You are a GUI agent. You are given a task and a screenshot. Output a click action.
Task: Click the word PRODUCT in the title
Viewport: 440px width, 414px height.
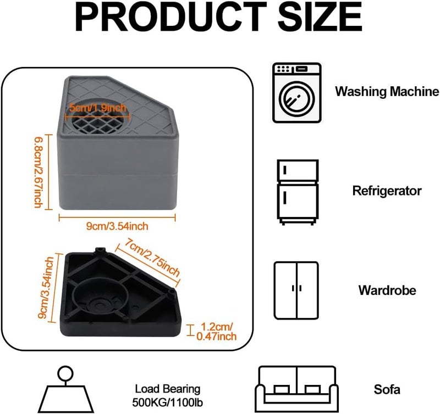click(x=170, y=17)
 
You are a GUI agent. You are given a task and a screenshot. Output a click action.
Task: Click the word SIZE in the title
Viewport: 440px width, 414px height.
click(x=320, y=17)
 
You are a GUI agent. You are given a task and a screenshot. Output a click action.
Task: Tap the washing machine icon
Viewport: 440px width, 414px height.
click(x=296, y=93)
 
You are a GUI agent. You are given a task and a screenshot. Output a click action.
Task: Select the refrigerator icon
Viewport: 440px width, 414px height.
click(x=298, y=192)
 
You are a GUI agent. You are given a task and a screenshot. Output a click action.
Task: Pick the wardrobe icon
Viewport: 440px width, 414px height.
click(x=296, y=290)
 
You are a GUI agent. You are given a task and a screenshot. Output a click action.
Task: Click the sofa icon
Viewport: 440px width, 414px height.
click(x=296, y=389)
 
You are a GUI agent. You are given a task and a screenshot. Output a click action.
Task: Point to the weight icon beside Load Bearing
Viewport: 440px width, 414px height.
click(x=65, y=389)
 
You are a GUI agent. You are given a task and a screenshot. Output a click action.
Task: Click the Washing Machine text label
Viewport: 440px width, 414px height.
click(x=387, y=92)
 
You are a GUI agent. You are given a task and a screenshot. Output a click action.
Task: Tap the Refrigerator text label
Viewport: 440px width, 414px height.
click(x=387, y=191)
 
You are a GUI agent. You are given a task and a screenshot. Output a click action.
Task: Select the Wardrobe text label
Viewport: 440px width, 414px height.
click(x=387, y=290)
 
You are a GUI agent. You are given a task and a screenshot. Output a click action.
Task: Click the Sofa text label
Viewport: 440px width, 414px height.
click(x=387, y=389)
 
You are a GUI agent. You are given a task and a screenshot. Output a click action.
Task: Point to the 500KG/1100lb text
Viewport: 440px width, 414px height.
click(x=168, y=402)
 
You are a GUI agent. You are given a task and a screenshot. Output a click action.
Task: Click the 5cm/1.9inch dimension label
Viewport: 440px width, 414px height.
click(x=98, y=108)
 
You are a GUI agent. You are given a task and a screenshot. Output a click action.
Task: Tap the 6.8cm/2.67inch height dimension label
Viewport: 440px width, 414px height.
click(x=38, y=172)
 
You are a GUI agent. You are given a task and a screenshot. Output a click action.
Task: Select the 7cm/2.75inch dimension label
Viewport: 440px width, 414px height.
click(x=152, y=257)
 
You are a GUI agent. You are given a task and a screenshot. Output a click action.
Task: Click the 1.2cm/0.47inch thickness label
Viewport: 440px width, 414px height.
click(x=217, y=332)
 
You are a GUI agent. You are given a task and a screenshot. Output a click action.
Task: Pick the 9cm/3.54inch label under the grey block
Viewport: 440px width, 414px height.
click(x=117, y=226)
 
